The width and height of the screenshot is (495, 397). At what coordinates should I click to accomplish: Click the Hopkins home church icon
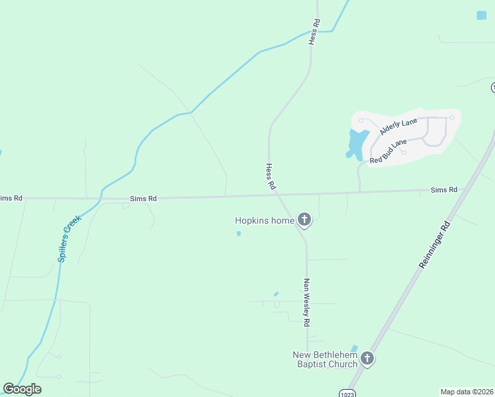tap(304, 220)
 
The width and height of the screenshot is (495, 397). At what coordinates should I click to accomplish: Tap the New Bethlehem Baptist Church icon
tap(367, 359)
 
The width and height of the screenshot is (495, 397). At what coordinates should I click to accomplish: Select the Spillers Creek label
tap(69, 238)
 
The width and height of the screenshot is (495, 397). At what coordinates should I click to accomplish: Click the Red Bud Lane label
tap(388, 152)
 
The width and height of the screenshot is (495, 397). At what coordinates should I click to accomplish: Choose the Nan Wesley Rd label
tap(306, 302)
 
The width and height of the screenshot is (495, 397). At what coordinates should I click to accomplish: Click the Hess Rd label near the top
tap(314, 31)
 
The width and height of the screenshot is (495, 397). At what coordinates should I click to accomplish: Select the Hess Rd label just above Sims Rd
tap(270, 177)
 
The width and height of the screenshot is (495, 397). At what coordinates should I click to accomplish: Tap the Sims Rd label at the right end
tap(444, 190)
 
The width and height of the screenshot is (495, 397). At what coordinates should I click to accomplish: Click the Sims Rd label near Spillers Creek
tap(143, 198)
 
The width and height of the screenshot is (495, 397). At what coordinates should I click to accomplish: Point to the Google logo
tap(22, 389)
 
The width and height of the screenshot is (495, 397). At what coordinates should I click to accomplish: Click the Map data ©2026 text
tap(466, 392)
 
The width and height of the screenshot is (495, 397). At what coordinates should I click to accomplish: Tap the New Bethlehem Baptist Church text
tap(325, 359)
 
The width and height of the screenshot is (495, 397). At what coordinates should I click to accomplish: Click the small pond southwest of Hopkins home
tap(238, 233)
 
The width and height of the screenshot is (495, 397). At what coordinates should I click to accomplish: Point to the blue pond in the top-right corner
tap(481, 15)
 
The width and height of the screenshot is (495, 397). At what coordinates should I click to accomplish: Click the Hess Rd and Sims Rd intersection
tap(277, 195)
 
